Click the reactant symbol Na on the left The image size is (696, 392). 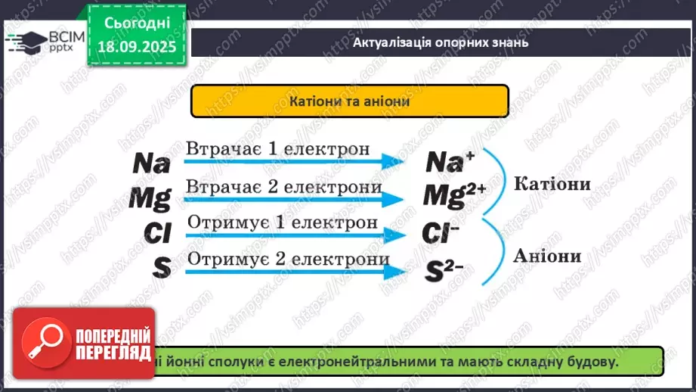pyautogui.click(x=152, y=163)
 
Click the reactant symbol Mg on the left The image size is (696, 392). pyautogui.click(x=150, y=198)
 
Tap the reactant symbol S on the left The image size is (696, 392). pyautogui.click(x=160, y=267)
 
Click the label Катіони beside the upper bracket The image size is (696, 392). pyautogui.click(x=552, y=185)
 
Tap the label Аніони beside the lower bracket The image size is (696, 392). pyautogui.click(x=547, y=256)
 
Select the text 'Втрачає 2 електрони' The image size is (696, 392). pyautogui.click(x=283, y=186)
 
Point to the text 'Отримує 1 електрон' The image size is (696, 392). pyautogui.click(x=282, y=222)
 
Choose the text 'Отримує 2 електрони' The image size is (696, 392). pyautogui.click(x=288, y=259)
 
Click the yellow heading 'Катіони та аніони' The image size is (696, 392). pyautogui.click(x=349, y=101)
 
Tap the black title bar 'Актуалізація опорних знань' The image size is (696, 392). pyautogui.click(x=441, y=42)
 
